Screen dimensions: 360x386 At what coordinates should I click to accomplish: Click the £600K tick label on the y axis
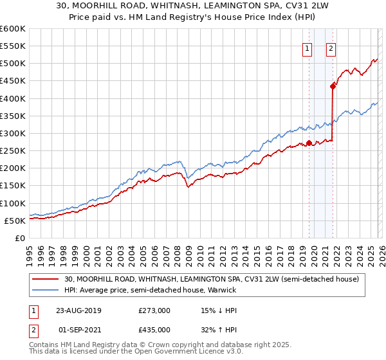click(13, 29)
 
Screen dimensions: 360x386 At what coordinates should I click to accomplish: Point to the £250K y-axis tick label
click(13, 151)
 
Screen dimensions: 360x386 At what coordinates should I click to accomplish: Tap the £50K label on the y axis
click(15, 221)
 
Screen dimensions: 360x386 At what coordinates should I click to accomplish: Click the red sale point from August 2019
click(309, 143)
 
